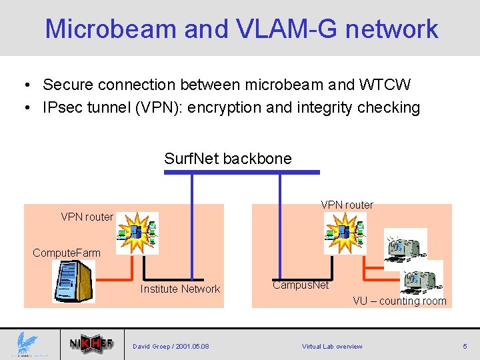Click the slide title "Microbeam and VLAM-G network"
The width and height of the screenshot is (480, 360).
[241, 29]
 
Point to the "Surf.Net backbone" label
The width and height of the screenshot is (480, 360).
[227, 159]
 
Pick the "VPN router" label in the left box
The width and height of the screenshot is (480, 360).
[87, 217]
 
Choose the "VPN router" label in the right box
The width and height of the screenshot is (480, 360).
[347, 205]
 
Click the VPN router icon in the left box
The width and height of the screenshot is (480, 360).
[138, 233]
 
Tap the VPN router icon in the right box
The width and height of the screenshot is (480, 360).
[345, 233]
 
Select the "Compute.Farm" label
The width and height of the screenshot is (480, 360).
[67, 253]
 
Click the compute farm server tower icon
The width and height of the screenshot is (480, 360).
[73, 281]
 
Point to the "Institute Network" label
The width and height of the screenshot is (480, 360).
[179, 289]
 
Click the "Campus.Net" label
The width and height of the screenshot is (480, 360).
[300, 285]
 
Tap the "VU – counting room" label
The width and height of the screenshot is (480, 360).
[399, 301]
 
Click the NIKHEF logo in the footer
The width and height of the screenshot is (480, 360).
[91, 345]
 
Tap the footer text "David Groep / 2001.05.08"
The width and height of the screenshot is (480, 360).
[171, 346]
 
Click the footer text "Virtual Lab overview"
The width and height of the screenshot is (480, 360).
[332, 346]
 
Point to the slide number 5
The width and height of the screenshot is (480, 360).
[465, 346]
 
